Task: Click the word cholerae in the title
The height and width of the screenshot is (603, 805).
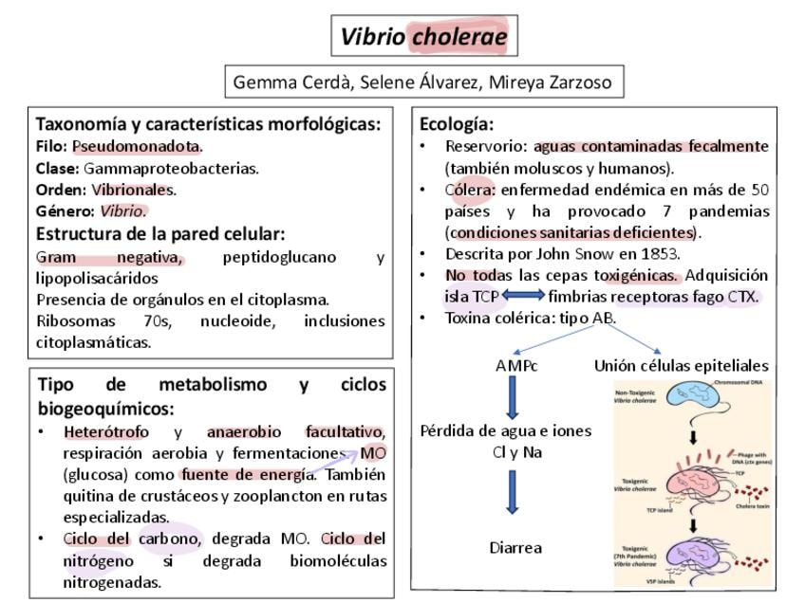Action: tap(459, 37)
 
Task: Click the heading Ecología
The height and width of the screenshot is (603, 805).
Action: tap(456, 124)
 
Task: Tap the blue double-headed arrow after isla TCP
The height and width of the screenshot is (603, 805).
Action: tap(522, 297)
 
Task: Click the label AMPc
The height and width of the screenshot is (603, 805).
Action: tap(515, 365)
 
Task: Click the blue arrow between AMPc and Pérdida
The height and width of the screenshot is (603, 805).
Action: tap(513, 397)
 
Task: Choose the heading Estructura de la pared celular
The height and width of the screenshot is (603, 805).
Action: tap(160, 233)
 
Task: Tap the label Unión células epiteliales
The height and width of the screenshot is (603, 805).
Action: tap(681, 365)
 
